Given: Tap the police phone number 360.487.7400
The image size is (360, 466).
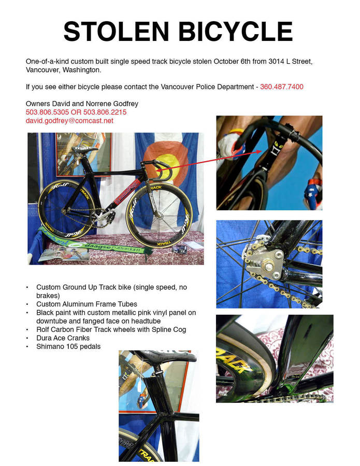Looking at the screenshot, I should (282, 86).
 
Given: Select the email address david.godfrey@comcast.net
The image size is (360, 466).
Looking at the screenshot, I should (69, 121).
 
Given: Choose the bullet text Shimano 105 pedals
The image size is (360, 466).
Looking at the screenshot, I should (68, 346).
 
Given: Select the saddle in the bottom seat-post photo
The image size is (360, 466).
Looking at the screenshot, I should (165, 357).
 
